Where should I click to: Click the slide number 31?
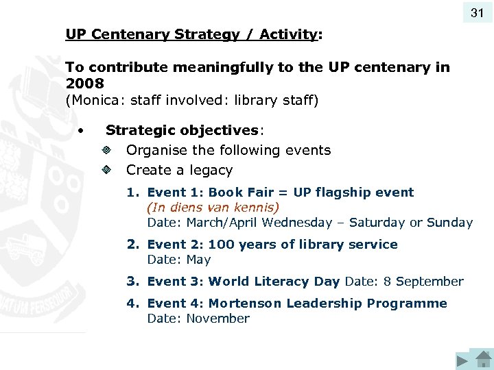[478, 13]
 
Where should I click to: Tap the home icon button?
[483, 361]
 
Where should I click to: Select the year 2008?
[84, 84]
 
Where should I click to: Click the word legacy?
[210, 170]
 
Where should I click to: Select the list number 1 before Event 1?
[132, 193]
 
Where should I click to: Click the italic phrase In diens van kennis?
[213, 207]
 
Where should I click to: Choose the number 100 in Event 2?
[221, 245]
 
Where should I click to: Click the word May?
[200, 260]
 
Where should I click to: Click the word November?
[217, 319]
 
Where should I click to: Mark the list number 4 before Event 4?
[132, 304]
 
